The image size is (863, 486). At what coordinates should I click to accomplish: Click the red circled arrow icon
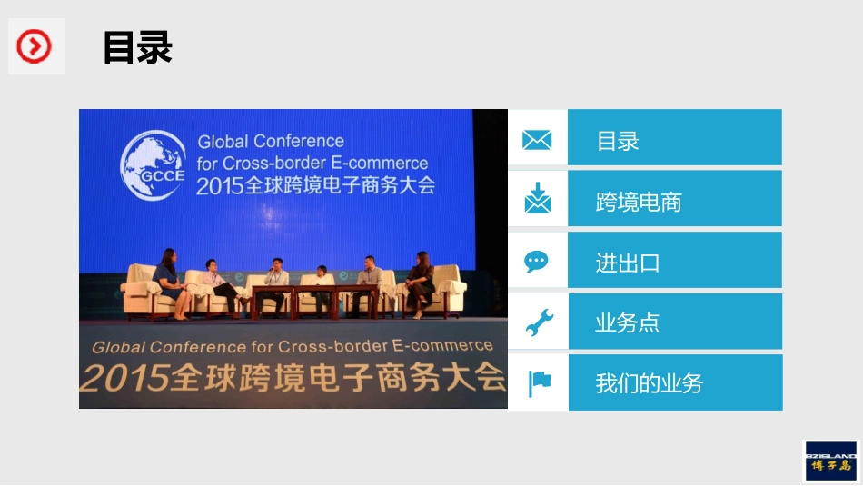point(35,46)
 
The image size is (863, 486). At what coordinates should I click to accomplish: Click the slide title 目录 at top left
point(137,48)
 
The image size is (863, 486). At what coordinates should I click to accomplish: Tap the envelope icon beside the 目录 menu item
point(537,140)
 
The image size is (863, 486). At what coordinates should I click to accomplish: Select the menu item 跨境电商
point(639,203)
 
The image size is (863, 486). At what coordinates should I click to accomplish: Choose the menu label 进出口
point(627,263)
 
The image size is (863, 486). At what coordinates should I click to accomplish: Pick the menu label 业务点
point(627,323)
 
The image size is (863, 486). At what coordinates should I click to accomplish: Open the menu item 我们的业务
point(649,383)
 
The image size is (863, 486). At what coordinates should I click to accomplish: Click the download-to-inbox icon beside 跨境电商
point(537,199)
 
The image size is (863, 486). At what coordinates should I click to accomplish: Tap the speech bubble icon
point(537,262)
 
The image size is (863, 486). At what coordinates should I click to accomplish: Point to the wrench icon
point(538,322)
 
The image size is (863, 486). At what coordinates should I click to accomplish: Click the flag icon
point(539,382)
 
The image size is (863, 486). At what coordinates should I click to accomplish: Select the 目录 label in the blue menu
point(618,142)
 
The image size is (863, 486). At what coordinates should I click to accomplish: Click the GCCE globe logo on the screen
point(153,165)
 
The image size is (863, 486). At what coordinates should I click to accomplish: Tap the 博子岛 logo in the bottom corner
point(831,461)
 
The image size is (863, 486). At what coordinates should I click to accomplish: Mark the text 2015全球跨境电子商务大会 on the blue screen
point(315,186)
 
